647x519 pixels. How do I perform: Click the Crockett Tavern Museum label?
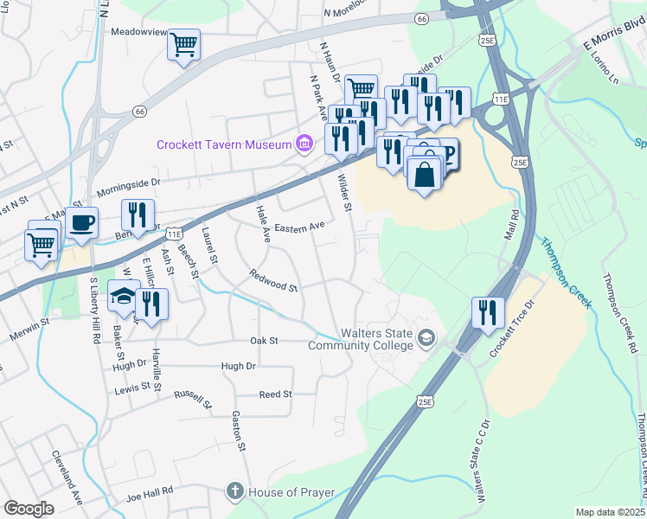pyautogui.click(x=224, y=144)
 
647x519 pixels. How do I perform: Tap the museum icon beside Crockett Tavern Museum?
pyautogui.click(x=304, y=144)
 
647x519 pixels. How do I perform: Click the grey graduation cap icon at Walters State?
pyautogui.click(x=426, y=336)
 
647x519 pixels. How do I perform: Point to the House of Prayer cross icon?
pyautogui.click(x=234, y=491)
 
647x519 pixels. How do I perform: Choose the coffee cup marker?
pyautogui.click(x=82, y=222)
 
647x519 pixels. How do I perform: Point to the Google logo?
pyautogui.click(x=29, y=508)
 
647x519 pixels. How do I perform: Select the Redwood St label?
pyautogui.click(x=273, y=280)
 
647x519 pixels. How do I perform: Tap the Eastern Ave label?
pyautogui.click(x=298, y=227)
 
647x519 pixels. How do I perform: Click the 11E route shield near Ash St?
pyautogui.click(x=174, y=234)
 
